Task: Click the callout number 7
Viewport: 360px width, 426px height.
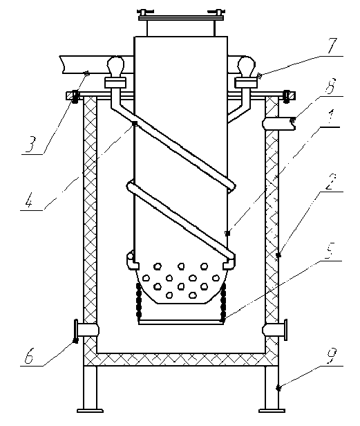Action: pyautogui.click(x=332, y=46)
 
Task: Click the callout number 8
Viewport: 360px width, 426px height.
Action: pyautogui.click(x=330, y=86)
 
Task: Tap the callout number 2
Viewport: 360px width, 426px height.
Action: pyautogui.click(x=330, y=182)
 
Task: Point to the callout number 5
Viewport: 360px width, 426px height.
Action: pyautogui.click(x=330, y=250)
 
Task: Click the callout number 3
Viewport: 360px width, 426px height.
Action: pyautogui.click(x=30, y=144)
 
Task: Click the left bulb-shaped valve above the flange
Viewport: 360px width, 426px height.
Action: pyautogui.click(x=115, y=64)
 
